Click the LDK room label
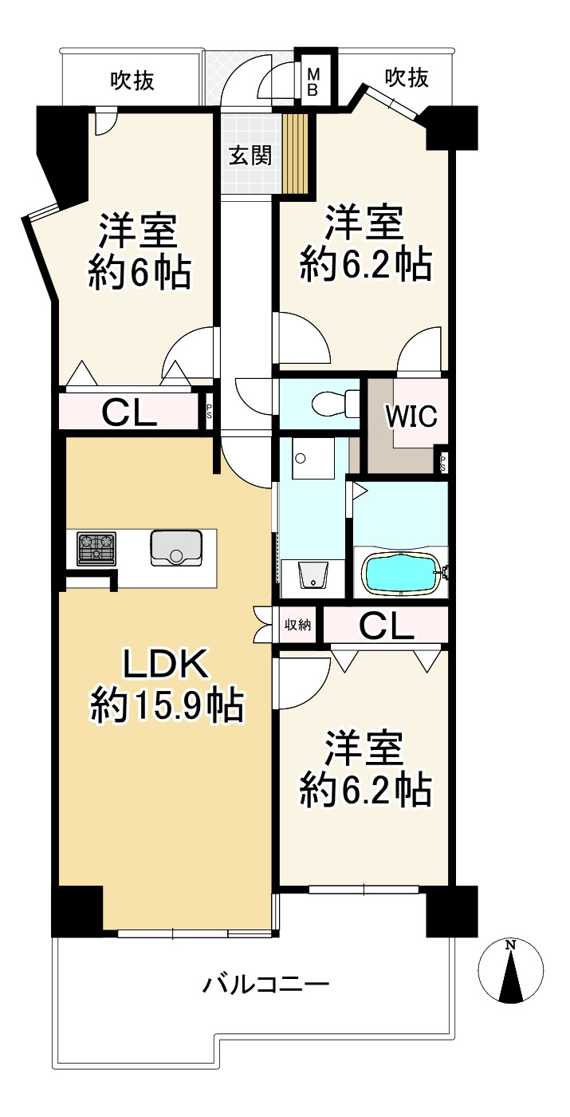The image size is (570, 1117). [x=166, y=663]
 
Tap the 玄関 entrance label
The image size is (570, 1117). [x=250, y=156]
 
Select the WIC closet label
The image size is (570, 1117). [x=412, y=416]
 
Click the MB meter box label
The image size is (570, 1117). [x=313, y=83]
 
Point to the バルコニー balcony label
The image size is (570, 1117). [x=265, y=985]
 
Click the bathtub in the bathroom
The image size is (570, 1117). [x=403, y=574]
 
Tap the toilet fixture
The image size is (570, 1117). [x=334, y=403]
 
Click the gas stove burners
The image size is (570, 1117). [x=96, y=549]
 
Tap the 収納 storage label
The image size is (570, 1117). [x=298, y=624]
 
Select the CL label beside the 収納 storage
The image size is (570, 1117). [x=386, y=626]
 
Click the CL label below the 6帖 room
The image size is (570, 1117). [x=129, y=412]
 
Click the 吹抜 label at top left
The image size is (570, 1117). [x=132, y=81]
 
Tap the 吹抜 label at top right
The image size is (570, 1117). [x=407, y=78]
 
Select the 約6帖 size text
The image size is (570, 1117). [x=140, y=272]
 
